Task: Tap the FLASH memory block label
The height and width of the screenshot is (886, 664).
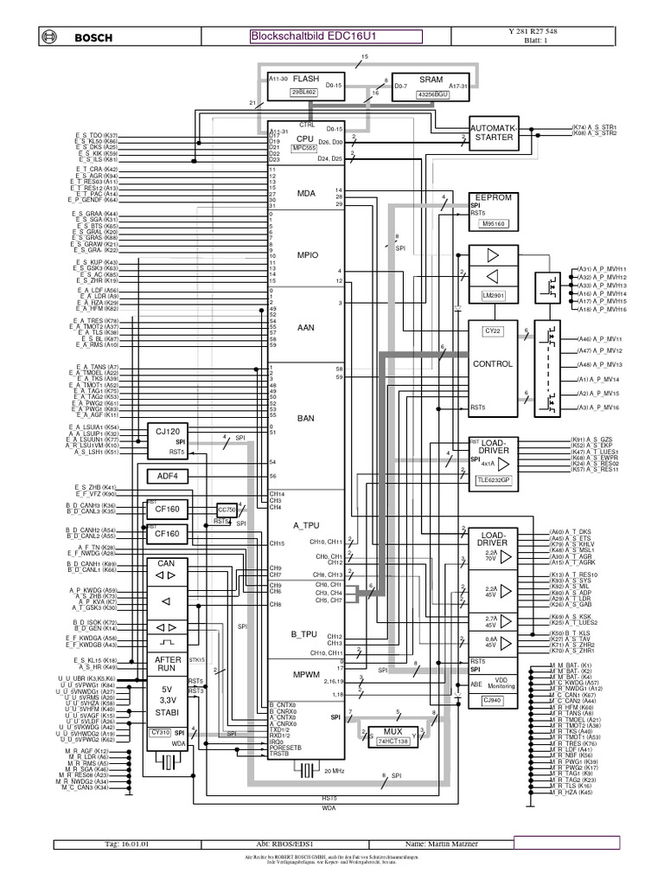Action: tap(306, 79)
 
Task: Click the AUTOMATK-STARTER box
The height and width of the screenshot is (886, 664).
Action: tap(494, 132)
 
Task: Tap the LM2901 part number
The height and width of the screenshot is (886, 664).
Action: tap(494, 295)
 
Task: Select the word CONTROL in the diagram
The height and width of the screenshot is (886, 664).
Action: tap(492, 364)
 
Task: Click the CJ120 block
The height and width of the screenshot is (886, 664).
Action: tap(167, 431)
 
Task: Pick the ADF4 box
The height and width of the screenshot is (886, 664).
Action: tap(167, 476)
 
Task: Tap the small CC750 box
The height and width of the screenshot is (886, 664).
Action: tap(227, 510)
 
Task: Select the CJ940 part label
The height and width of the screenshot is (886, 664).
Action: tap(492, 699)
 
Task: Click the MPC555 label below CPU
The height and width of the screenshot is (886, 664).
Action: tap(303, 149)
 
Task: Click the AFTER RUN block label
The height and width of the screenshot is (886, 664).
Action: tap(167, 664)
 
